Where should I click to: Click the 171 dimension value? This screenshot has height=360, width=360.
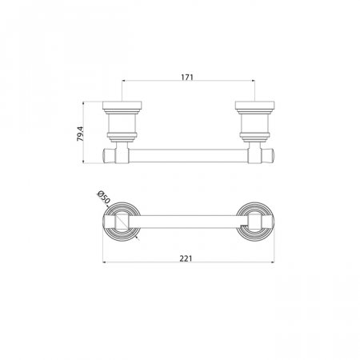tap(187, 78)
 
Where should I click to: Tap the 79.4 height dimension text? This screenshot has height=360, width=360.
tap(81, 134)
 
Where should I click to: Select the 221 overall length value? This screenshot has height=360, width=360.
tap(186, 258)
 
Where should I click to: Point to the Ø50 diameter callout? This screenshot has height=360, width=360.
tap(103, 197)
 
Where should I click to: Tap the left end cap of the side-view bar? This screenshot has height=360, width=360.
tap(109, 156)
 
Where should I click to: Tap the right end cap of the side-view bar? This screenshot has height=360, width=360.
tap(267, 156)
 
